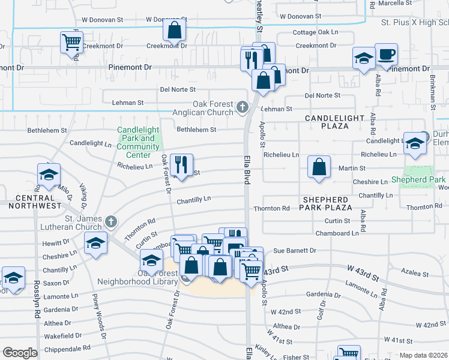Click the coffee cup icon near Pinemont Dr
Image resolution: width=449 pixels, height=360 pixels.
(386, 55)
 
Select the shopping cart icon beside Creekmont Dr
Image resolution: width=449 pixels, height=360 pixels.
(71, 43)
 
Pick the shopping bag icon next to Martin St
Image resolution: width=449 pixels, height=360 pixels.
(319, 167)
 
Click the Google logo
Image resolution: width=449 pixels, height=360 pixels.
(20, 353)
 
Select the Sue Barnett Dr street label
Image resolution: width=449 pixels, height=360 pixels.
(294, 250)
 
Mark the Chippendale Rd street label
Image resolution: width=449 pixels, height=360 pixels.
(66, 347)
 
